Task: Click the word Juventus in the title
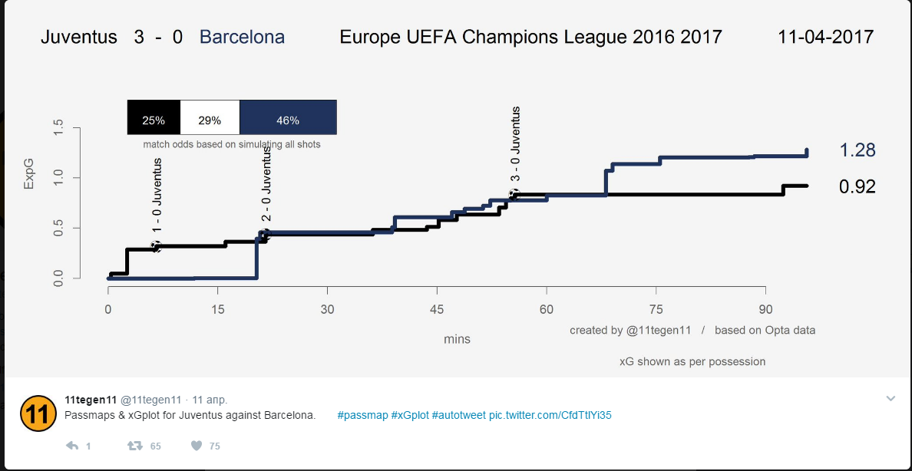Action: pyautogui.click(x=79, y=37)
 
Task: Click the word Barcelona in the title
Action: pyautogui.click(x=242, y=37)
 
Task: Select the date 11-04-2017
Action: pyautogui.click(x=825, y=37)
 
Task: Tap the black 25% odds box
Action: pyautogui.click(x=154, y=120)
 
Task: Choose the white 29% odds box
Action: pyautogui.click(x=210, y=120)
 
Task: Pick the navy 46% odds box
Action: pyautogui.click(x=288, y=120)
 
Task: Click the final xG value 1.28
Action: pyautogui.click(x=857, y=150)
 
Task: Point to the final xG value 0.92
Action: pyautogui.click(x=857, y=186)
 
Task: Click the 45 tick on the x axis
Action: pyautogui.click(x=437, y=310)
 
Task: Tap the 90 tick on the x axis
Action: pyautogui.click(x=765, y=310)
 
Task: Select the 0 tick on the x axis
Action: pyautogui.click(x=108, y=310)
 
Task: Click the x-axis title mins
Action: pyautogui.click(x=457, y=339)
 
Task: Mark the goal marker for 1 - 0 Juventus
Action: pyautogui.click(x=157, y=246)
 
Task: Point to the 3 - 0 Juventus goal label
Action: pyautogui.click(x=516, y=146)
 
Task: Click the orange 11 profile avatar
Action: pyautogui.click(x=36, y=414)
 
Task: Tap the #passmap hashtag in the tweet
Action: pyautogui.click(x=362, y=415)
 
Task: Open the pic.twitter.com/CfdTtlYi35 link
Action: pyautogui.click(x=550, y=415)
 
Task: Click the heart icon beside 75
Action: pyautogui.click(x=196, y=446)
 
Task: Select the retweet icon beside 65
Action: pyautogui.click(x=134, y=446)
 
